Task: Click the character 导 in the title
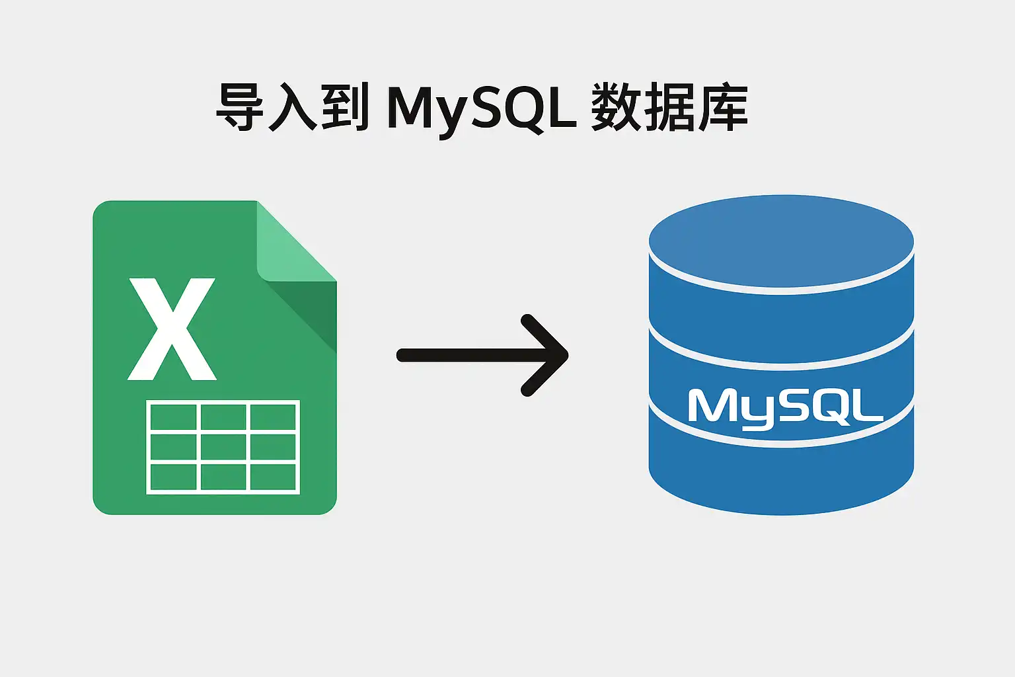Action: (239, 107)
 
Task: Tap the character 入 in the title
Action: (293, 107)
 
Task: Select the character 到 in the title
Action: (346, 107)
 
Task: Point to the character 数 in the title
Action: (616, 107)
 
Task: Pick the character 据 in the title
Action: (669, 107)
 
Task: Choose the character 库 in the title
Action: (723, 107)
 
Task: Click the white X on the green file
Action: (172, 329)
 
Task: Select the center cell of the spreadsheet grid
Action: (223, 447)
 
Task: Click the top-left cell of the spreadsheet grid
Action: (173, 417)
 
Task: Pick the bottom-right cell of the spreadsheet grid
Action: (273, 477)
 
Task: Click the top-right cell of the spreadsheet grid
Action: (273, 417)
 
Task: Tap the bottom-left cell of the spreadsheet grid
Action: (173, 477)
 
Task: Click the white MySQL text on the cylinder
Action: (786, 408)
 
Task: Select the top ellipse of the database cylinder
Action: (781, 241)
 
